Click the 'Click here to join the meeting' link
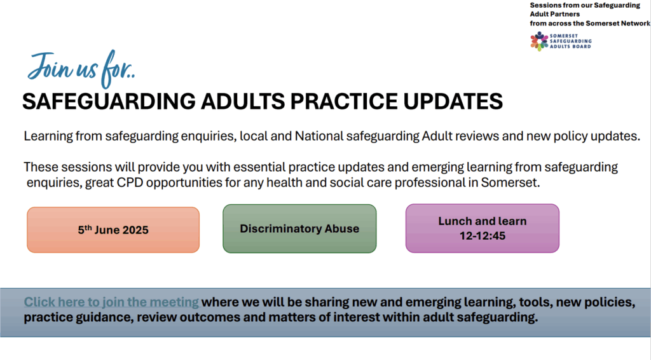click(111, 302)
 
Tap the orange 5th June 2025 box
click(113, 230)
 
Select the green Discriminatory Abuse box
click(299, 228)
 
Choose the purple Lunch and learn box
click(483, 228)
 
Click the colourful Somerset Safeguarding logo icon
click(539, 41)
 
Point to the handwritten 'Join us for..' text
click(81, 69)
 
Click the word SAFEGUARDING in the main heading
click(109, 101)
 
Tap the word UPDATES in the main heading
click(453, 101)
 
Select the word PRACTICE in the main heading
click(344, 101)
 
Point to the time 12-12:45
click(483, 236)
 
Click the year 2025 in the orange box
click(135, 230)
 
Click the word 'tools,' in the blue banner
click(535, 302)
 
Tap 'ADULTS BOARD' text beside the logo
click(570, 46)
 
